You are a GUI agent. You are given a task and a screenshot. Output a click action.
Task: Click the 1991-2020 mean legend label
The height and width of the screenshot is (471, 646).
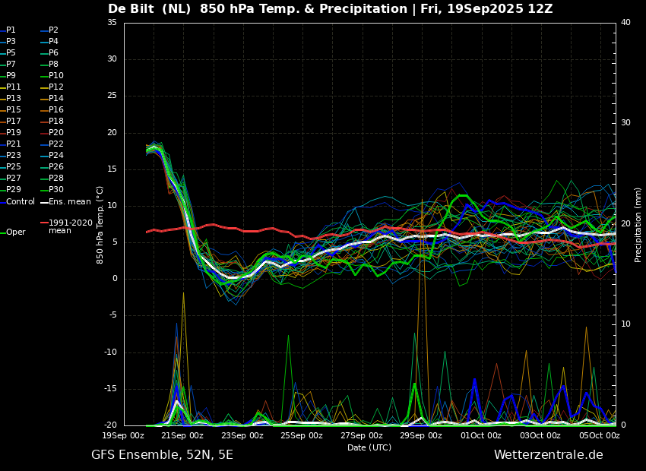point(71,227)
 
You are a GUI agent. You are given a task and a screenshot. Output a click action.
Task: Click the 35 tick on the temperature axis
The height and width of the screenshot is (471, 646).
point(112,22)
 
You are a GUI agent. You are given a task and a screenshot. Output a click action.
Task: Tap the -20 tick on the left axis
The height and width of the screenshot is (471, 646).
point(110,425)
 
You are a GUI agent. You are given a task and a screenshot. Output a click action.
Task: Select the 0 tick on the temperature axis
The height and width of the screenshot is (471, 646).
point(115,279)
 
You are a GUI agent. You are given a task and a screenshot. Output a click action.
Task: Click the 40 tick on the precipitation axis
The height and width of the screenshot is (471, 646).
point(625,22)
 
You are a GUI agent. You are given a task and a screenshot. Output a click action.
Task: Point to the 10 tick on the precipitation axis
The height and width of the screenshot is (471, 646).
point(625,324)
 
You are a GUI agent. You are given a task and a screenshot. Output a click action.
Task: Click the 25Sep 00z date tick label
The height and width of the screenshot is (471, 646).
point(302,435)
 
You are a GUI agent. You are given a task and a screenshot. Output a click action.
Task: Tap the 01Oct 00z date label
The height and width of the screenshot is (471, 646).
point(481,435)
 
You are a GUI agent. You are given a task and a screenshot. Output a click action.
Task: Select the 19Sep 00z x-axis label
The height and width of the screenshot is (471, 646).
point(123,435)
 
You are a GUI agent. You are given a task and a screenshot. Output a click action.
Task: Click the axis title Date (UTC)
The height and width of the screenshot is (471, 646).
point(369,447)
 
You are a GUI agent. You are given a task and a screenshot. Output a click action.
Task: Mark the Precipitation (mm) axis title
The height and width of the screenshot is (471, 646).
point(638,224)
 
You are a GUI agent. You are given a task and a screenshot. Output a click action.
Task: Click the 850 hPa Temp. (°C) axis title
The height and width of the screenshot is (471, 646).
point(100,225)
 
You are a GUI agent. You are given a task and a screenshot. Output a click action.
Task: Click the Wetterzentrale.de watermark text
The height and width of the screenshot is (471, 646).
point(549,455)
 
